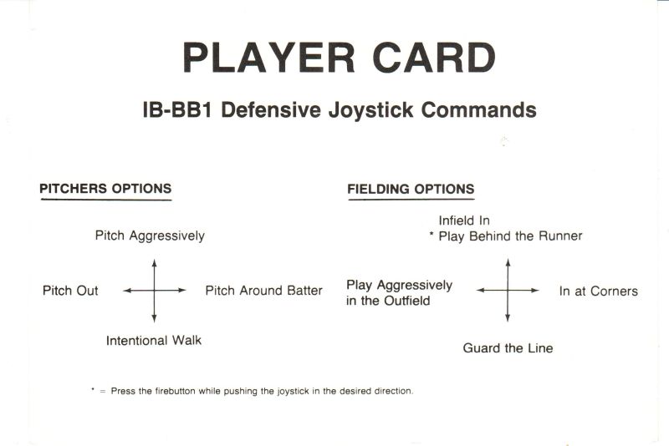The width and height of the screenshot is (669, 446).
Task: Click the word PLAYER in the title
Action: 268,58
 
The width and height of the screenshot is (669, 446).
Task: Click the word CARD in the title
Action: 434,58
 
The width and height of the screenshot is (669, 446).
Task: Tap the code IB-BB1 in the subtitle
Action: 177,110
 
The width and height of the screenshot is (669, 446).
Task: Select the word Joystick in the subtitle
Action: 370,110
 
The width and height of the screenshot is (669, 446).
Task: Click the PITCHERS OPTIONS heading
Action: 105,188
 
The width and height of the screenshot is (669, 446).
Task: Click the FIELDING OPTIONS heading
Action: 411,189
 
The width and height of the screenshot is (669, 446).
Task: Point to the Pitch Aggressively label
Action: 150,236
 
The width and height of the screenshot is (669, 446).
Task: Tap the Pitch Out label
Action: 70,291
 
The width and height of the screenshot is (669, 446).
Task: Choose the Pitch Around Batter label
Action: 263,291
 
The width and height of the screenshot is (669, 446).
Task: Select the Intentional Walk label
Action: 154,341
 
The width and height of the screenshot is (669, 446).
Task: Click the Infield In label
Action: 464,220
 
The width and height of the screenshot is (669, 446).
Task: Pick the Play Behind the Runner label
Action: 510,236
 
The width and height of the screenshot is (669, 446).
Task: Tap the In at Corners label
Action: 599,291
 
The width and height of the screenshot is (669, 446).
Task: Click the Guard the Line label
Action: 508,348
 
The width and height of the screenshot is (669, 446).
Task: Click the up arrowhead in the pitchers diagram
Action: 154,262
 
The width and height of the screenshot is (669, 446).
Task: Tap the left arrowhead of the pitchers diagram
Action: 127,291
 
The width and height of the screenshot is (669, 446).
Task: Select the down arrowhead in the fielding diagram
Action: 508,317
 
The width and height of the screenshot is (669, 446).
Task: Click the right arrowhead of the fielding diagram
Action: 535,291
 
